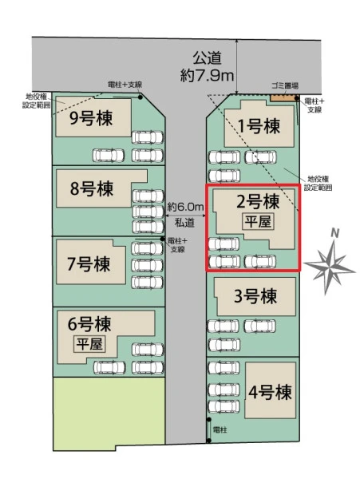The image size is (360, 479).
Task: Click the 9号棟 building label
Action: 91,118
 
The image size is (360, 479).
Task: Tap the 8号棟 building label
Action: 92,188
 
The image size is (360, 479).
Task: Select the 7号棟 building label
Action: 89,264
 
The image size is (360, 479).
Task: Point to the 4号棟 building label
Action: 270,392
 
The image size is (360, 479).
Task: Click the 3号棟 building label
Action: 255,296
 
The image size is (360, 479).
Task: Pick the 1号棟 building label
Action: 259,126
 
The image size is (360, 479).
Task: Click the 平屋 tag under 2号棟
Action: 258,221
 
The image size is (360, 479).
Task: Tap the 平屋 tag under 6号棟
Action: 89,344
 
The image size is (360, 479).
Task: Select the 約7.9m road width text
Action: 207,75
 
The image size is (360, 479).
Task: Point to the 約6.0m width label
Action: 185,207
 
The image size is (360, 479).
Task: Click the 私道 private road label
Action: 184,223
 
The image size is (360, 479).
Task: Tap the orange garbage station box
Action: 283,97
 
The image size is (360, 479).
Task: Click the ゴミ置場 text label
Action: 285,86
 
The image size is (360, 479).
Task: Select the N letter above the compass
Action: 335,234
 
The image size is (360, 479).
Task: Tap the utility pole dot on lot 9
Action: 140,97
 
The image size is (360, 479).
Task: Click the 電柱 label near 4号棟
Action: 220,430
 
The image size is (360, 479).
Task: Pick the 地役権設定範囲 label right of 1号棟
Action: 318,184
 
